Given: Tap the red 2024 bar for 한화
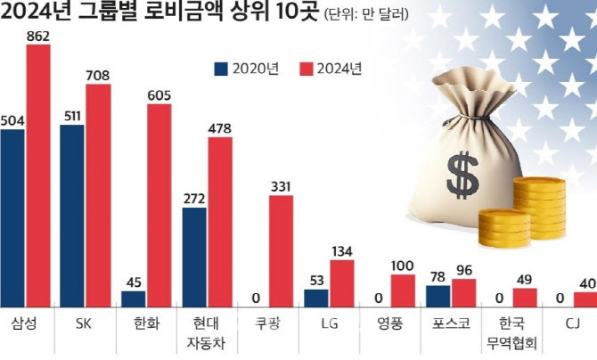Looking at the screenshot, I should coord(159,205).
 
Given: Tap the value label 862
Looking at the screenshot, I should coord(38,36).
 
